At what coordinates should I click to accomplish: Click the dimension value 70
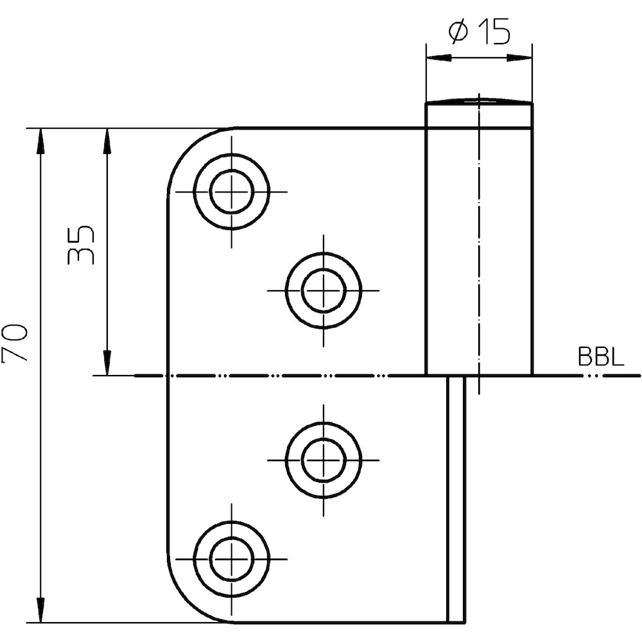point(14,343)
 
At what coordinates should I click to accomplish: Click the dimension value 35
point(80,245)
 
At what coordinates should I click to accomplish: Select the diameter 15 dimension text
point(480,31)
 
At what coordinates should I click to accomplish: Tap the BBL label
point(601,356)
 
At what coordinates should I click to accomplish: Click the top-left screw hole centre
point(232,191)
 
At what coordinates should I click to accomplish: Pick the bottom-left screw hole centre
point(232,559)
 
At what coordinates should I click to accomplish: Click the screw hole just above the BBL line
point(324,291)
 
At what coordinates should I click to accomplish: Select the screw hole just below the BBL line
point(324,460)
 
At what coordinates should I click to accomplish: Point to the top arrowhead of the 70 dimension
point(40,141)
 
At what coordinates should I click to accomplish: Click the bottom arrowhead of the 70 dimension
point(40,610)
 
